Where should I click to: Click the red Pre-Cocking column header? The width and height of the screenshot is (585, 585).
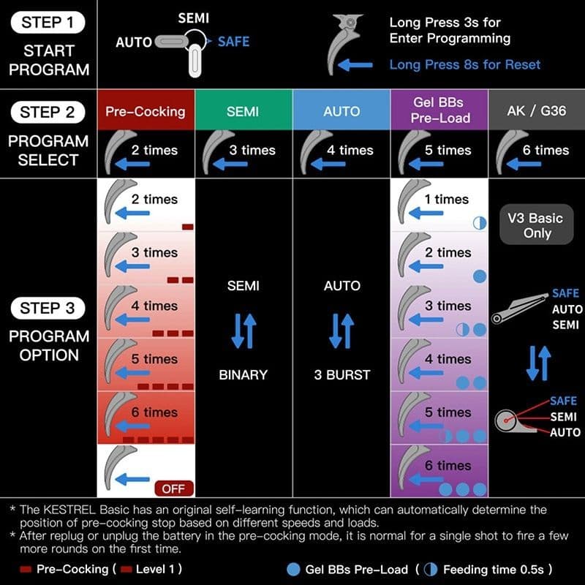point(146,112)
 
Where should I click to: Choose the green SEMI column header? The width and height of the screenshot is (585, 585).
point(243,112)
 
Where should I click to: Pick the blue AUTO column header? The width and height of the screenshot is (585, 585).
point(341,112)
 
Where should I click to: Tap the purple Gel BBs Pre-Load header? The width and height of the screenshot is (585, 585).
point(439,110)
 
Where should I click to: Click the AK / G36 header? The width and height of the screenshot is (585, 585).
point(536,112)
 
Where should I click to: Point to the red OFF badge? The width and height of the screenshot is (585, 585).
point(173,488)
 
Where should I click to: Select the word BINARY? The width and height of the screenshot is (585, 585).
point(244,374)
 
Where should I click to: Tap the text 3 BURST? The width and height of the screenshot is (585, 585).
point(341,374)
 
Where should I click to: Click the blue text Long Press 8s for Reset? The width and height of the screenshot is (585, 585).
point(464,64)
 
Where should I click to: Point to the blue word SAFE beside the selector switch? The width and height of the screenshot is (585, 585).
point(234,42)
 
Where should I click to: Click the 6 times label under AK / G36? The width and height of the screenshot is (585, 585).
point(546,150)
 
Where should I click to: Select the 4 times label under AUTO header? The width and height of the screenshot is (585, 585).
point(350,150)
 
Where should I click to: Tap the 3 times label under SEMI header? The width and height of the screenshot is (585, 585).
point(252,150)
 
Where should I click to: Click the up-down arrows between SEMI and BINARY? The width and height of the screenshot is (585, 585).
point(244,330)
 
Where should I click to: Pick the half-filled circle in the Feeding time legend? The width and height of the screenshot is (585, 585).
point(432,568)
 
